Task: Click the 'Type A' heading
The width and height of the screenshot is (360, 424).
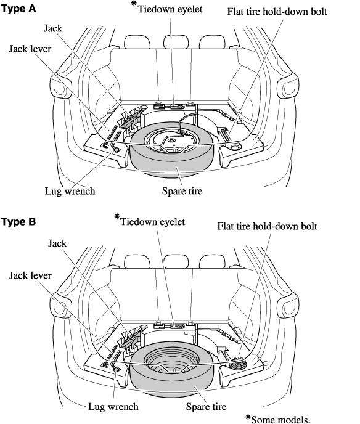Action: click(x=18, y=9)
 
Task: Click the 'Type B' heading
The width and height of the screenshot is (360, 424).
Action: click(x=18, y=222)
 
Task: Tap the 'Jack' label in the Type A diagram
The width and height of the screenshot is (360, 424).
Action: click(x=53, y=28)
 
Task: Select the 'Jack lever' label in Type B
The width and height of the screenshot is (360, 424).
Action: click(x=30, y=275)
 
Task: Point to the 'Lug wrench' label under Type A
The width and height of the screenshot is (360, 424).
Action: click(x=70, y=191)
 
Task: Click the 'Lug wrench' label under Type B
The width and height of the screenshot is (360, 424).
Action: click(x=113, y=407)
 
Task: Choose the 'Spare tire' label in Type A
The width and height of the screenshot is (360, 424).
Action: click(x=182, y=191)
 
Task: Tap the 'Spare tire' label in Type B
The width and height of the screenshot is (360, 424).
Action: click(x=206, y=407)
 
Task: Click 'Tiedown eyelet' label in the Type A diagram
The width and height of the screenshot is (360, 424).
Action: click(x=170, y=9)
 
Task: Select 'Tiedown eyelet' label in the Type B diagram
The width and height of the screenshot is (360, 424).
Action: click(x=152, y=222)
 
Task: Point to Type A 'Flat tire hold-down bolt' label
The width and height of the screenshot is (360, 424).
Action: click(x=277, y=12)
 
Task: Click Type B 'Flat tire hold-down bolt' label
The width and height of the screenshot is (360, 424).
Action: click(x=268, y=226)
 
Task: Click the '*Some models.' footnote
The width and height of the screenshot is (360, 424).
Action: click(x=278, y=419)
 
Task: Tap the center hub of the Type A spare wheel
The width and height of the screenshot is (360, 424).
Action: click(x=171, y=141)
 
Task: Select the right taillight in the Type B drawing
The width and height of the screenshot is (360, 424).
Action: click(x=288, y=307)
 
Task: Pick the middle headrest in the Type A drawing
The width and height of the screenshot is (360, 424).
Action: click(x=176, y=42)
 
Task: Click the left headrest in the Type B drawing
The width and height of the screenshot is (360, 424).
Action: click(x=137, y=262)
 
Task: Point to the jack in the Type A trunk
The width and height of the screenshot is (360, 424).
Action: click(x=133, y=117)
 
